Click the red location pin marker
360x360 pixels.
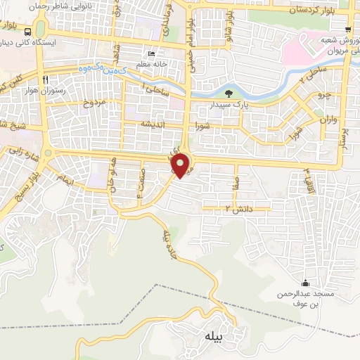pyautogui.click(x=181, y=165)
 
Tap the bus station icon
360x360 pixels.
pyautogui.click(x=27, y=32)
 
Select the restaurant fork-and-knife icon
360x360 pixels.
pyautogui.click(x=45, y=79)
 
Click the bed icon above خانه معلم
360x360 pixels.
pyautogui.click(x=151, y=54)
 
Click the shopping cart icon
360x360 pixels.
pyautogui.click(x=349, y=29)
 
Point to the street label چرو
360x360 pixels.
pyautogui.click(x=323, y=94)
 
